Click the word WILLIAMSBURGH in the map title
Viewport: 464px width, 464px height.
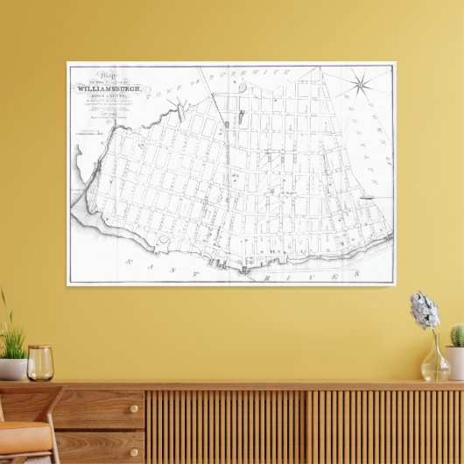(x=114, y=88)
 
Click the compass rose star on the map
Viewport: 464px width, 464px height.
(x=359, y=85)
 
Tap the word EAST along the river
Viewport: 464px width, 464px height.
(x=145, y=262)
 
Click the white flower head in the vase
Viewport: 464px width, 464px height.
(x=425, y=311)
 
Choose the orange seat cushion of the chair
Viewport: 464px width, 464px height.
(x=22, y=433)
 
